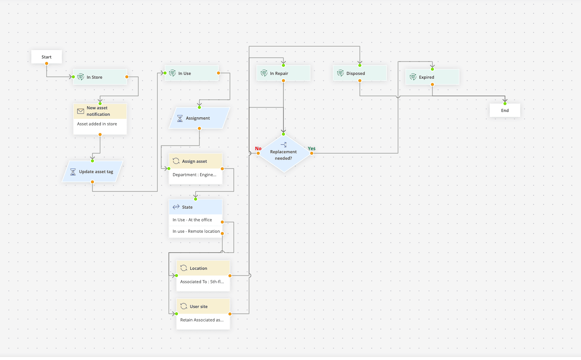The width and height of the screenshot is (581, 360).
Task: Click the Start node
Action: point(46,57)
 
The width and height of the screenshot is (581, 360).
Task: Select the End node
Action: point(505,110)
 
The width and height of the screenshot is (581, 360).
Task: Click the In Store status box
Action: point(100,77)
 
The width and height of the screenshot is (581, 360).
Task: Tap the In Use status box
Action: point(191,73)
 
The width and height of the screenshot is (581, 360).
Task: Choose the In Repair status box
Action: point(283,73)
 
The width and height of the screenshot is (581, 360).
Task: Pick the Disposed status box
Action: point(359,73)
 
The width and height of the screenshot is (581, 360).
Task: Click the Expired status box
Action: point(432,77)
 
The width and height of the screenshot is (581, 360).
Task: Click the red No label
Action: point(258,149)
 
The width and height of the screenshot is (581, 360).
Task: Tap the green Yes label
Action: point(312,149)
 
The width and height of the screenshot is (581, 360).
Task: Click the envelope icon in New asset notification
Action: point(81,111)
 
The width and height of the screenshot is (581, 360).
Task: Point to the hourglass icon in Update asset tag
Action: point(73,172)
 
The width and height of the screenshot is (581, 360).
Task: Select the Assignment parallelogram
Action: point(199,118)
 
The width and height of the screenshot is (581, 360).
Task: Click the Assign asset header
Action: point(195,161)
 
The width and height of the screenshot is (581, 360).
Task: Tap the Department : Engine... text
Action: point(194,175)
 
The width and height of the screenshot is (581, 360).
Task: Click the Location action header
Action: point(203,268)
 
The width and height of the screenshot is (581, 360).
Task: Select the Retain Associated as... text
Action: point(202,320)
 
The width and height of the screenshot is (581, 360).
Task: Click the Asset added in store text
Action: point(97,124)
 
